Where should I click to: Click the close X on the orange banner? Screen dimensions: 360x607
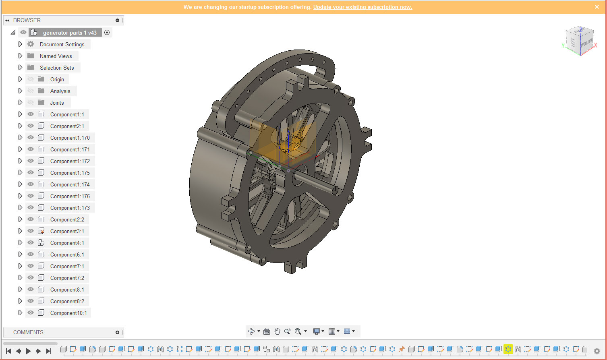pyautogui.click(x=597, y=7)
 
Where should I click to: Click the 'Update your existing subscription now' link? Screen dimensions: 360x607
pyautogui.click(x=363, y=7)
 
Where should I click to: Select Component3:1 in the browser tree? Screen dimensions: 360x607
pyautogui.click(x=67, y=231)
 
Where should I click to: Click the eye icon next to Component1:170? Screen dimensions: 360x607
pyautogui.click(x=31, y=138)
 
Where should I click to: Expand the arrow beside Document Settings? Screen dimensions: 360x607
pyautogui.click(x=20, y=44)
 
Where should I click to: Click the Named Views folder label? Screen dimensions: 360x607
pyautogui.click(x=56, y=56)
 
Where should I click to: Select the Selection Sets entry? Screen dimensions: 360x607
pyautogui.click(x=57, y=68)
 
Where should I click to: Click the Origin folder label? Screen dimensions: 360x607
pyautogui.click(x=57, y=79)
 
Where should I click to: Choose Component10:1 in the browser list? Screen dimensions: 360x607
pyautogui.click(x=68, y=313)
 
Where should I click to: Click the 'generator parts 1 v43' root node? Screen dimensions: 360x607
pyautogui.click(x=70, y=33)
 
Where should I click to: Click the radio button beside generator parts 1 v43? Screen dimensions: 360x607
pyautogui.click(x=107, y=33)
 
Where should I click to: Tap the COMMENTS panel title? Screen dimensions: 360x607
pyautogui.click(x=28, y=332)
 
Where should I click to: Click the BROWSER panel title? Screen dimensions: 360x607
pyautogui.click(x=27, y=20)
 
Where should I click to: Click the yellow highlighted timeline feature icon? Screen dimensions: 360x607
pyautogui.click(x=508, y=349)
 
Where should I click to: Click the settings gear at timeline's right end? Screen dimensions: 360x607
pyautogui.click(x=597, y=351)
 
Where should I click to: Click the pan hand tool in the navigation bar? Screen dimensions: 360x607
pyautogui.click(x=277, y=331)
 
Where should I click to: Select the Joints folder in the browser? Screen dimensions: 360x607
pyautogui.click(x=57, y=103)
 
